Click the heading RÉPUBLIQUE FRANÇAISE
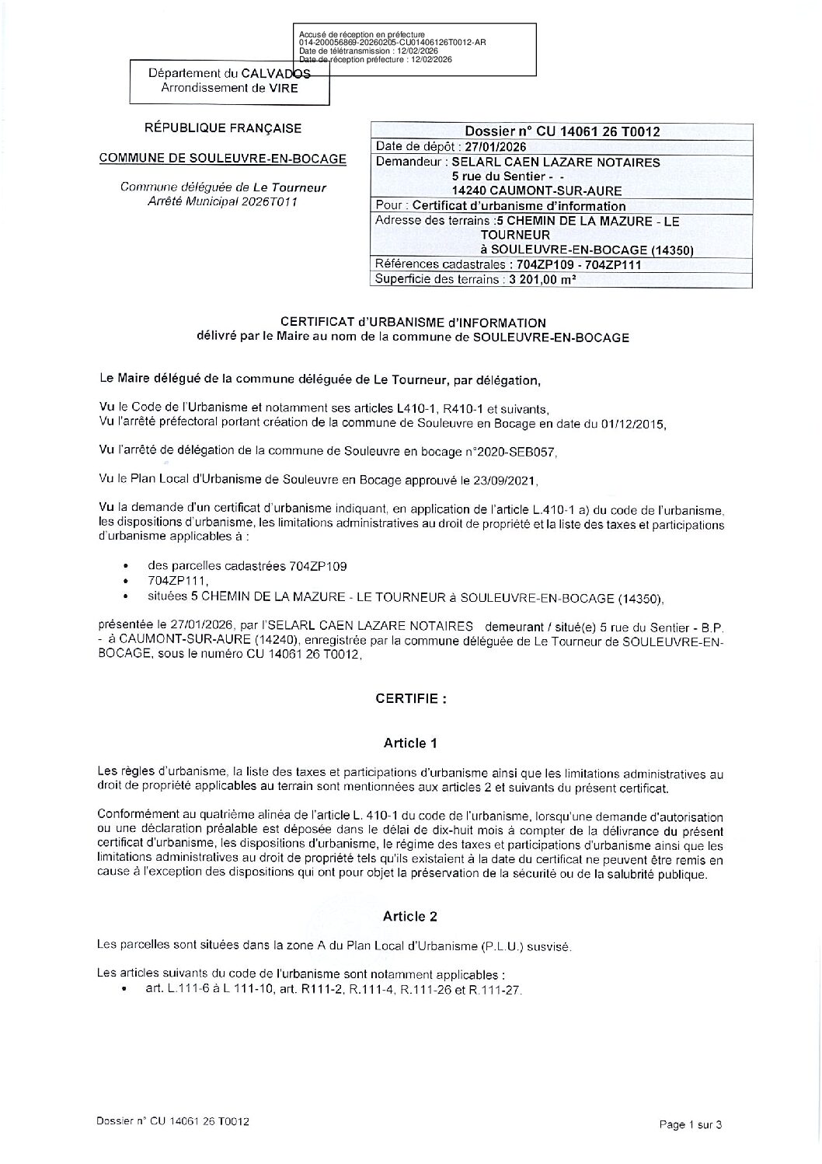(224, 128)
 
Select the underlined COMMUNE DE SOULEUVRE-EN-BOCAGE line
(223, 159)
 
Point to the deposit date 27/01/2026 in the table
(495, 147)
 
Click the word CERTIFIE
(411, 698)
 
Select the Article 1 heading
(410, 743)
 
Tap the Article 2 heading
(410, 916)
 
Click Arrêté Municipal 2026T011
(223, 201)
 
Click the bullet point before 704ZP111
(125, 582)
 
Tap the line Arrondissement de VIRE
(229, 88)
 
